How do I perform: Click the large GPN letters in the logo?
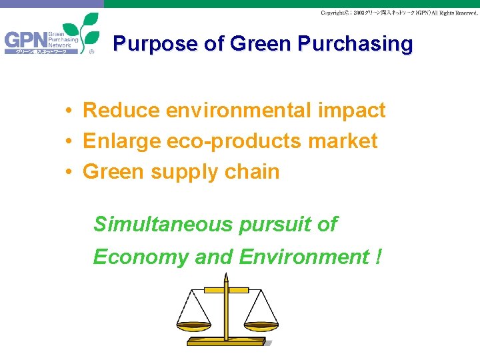click(25, 41)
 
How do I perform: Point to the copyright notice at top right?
click(399, 13)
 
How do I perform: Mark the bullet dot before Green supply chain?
click(69, 172)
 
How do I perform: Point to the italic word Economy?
click(141, 257)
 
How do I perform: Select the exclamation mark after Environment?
click(378, 257)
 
